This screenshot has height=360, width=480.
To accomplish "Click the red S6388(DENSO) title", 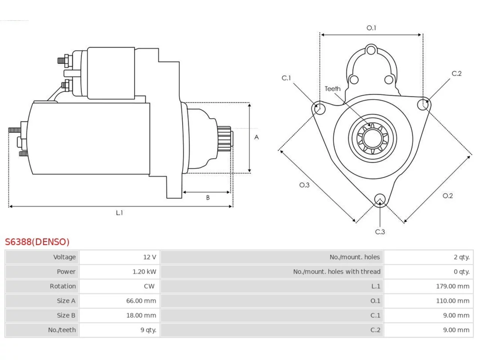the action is (37, 242).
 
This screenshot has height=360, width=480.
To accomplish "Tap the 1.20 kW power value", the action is (144, 272).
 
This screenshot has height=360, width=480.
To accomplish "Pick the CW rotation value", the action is (149, 286).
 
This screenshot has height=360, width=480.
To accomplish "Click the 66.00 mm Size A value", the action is (141, 301).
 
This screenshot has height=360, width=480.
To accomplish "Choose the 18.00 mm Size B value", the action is (141, 315).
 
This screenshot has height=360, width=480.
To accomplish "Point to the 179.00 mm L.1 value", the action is (453, 286).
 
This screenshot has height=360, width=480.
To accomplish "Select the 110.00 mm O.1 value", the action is (453, 301).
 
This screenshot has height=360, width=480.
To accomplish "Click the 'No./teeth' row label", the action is (62, 330).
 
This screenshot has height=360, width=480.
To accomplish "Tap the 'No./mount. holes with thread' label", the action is (337, 272).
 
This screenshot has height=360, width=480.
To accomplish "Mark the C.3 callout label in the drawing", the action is (380, 232).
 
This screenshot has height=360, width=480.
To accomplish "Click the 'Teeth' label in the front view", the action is (333, 89).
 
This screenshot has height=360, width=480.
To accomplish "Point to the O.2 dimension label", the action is (448, 196).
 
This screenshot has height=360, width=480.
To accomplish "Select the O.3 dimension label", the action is (304, 185).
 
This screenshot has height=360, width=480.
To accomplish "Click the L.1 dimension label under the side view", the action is (119, 213).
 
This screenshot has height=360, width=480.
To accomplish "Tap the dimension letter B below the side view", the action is (208, 198).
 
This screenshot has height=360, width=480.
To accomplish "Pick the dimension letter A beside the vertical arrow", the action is (256, 137).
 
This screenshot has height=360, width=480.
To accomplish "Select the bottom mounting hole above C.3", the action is (380, 199).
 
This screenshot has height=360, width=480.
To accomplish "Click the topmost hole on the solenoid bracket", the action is (371, 50).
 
